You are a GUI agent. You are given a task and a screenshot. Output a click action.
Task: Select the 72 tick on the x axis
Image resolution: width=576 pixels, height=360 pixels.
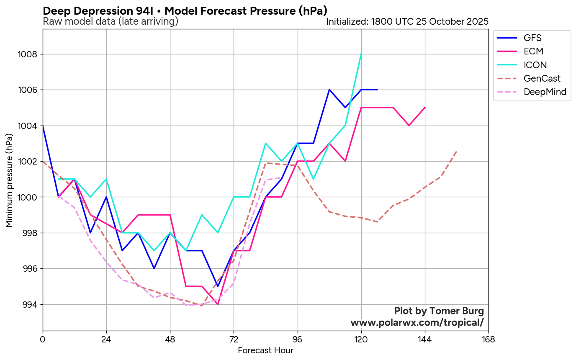pyautogui.click(x=234, y=339)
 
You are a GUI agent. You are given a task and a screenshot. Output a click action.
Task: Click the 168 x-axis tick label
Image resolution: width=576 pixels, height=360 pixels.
pyautogui.click(x=489, y=339)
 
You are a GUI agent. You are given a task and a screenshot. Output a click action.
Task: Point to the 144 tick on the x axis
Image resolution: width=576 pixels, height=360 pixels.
pyautogui.click(x=425, y=339)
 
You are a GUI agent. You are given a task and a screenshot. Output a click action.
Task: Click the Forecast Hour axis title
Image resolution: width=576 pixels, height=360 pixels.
pyautogui.click(x=265, y=351)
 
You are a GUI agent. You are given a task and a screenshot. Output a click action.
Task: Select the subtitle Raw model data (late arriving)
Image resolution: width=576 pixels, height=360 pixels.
pyautogui.click(x=111, y=21)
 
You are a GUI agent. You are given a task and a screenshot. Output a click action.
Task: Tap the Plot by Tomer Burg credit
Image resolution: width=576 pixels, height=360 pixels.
pyautogui.click(x=439, y=311)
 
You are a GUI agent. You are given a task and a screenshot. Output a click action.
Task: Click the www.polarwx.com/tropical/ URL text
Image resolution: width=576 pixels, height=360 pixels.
pyautogui.click(x=417, y=323)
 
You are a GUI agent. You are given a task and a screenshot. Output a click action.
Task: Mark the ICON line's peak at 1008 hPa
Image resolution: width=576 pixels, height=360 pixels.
pyautogui.click(x=361, y=54)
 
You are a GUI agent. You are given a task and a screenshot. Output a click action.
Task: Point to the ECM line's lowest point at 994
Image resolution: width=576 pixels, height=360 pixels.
pyautogui.click(x=218, y=304)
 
